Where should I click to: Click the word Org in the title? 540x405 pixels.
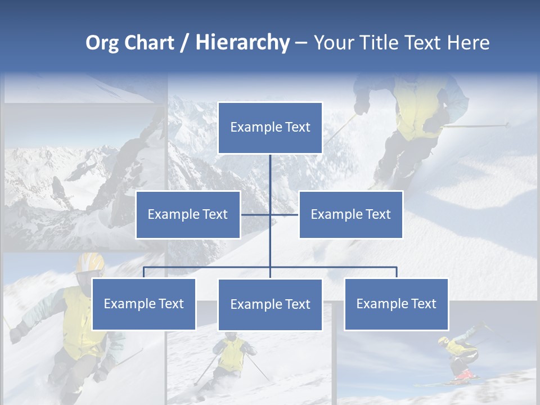pos(103,43)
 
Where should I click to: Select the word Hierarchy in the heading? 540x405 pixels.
pos(242,43)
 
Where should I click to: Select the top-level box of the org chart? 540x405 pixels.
pos(270,128)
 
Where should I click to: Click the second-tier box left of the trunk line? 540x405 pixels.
pos(188,214)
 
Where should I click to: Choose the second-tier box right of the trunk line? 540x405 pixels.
pos(350,214)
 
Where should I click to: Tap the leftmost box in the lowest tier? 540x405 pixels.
pos(144,304)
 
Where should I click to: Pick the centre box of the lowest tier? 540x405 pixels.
pos(270,304)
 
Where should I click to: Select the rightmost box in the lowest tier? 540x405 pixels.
pos(396,304)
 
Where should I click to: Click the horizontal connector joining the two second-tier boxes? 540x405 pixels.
pos(284,214)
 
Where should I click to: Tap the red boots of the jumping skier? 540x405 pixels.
pos(463,375)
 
